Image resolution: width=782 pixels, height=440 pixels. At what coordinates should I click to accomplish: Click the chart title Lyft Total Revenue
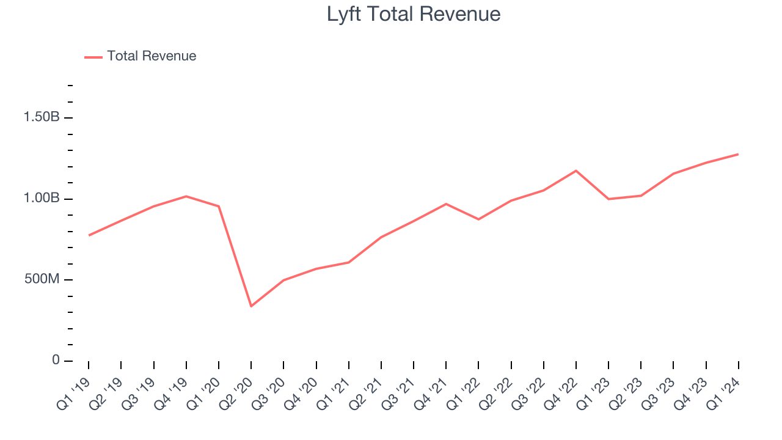tap(414, 14)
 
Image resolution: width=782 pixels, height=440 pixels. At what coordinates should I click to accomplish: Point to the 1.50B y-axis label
tap(42, 117)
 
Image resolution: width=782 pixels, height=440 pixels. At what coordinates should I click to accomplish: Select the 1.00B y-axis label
tap(42, 199)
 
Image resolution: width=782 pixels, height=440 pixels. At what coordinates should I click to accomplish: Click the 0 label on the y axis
tap(56, 361)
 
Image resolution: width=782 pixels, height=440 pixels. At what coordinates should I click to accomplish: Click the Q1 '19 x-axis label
tap(74, 391)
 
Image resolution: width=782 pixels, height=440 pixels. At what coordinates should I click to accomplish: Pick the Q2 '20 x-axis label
tap(236, 391)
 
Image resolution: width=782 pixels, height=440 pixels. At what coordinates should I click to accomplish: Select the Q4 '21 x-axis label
tap(431, 391)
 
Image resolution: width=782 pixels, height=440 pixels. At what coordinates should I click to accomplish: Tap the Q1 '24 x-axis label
tap(724, 391)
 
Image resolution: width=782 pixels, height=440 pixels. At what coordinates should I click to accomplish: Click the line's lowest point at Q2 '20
tap(251, 306)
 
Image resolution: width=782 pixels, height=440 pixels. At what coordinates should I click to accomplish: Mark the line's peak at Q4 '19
tap(186, 196)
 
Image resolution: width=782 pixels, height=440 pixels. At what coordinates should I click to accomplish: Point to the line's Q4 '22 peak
tap(576, 170)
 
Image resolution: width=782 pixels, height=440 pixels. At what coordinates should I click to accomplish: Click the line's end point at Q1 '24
tap(738, 154)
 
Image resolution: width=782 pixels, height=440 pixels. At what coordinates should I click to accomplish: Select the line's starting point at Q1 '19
tap(89, 235)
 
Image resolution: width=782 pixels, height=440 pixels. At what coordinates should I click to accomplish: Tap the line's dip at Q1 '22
tap(478, 219)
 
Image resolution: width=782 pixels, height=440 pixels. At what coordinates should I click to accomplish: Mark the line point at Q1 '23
tap(608, 199)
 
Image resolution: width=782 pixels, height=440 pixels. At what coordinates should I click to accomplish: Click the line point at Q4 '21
tap(446, 204)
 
